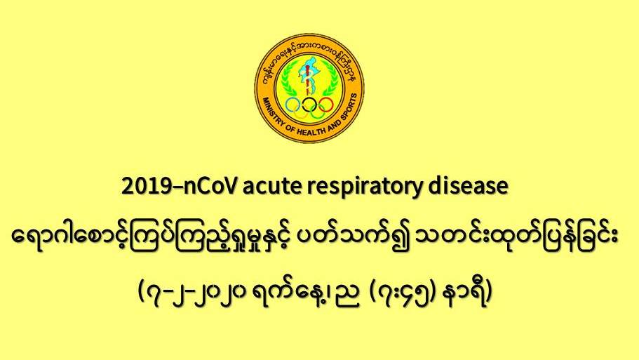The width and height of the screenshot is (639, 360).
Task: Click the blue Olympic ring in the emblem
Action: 293,105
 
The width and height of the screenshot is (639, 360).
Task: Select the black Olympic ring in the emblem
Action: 309,105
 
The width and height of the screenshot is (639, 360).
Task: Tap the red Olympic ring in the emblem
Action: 325,105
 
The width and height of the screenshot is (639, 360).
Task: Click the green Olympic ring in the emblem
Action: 318,112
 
